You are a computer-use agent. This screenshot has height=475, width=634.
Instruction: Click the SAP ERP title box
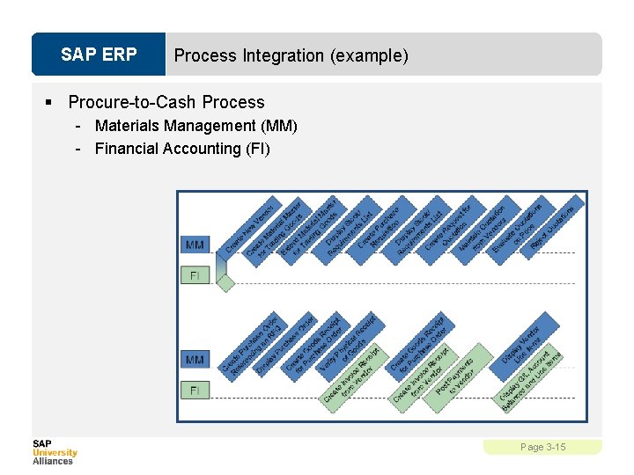(x=99, y=55)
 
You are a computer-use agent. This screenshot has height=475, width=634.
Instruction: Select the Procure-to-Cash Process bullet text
(x=166, y=102)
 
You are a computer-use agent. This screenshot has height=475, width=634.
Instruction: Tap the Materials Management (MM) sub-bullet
(x=196, y=126)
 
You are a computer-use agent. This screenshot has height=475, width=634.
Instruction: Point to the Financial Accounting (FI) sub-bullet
(x=182, y=149)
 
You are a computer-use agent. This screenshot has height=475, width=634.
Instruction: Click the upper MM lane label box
(x=195, y=244)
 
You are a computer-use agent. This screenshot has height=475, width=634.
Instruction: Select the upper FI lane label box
(x=195, y=275)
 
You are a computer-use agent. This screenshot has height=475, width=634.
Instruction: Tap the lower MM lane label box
(x=195, y=359)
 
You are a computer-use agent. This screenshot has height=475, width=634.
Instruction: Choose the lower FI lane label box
(x=195, y=389)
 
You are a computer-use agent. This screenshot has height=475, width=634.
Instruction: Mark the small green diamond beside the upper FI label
(x=226, y=282)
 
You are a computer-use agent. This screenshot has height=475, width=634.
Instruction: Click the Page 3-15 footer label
(x=542, y=448)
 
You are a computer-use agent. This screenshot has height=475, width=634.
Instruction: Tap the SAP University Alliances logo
(x=55, y=452)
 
